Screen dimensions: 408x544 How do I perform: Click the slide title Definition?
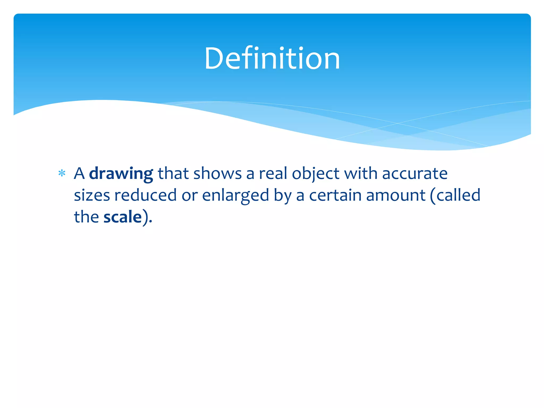pyautogui.click(x=272, y=58)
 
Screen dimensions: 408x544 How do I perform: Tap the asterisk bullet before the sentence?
pyautogui.click(x=62, y=174)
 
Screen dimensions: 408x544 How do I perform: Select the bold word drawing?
pyautogui.click(x=121, y=174)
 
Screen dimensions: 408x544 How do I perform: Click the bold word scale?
pyautogui.click(x=122, y=217)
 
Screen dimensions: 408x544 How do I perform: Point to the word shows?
pyautogui.click(x=218, y=174)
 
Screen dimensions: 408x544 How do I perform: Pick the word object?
pyautogui.click(x=315, y=174)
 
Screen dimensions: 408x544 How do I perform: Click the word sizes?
pyautogui.click(x=92, y=195)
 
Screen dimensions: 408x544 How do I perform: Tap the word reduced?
pyautogui.click(x=145, y=195)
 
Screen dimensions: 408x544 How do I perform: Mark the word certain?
pyautogui.click(x=335, y=195)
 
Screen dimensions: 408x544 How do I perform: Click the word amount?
pyautogui.click(x=396, y=195)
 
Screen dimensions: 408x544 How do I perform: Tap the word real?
pyautogui.click(x=273, y=174)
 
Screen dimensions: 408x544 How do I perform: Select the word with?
pyautogui.click(x=360, y=174)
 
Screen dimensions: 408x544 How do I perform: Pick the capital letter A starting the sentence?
pyautogui.click(x=79, y=174)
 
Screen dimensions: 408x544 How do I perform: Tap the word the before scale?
pyautogui.click(x=86, y=217)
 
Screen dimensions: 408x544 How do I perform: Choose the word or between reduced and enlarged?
pyautogui.click(x=190, y=196)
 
